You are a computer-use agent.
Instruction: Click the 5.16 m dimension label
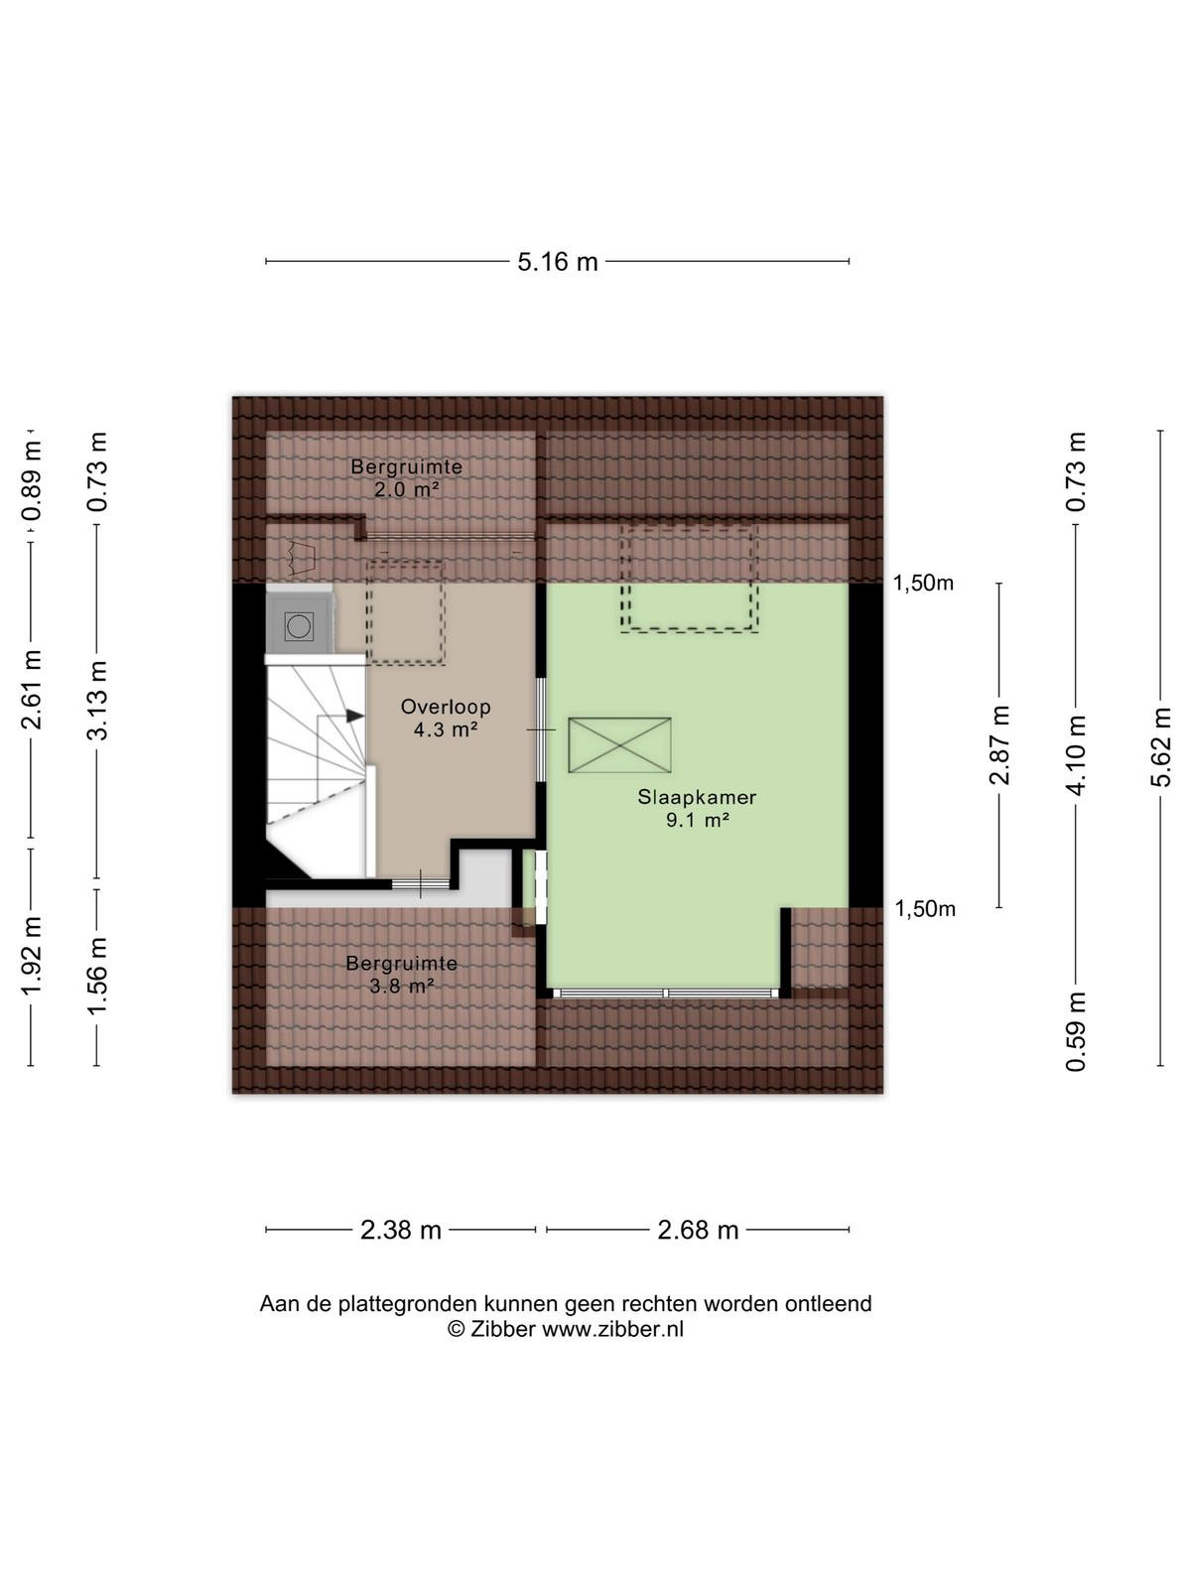pos(558,261)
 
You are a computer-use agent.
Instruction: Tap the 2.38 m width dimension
pos(401,1229)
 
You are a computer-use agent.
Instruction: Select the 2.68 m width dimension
pos(698,1229)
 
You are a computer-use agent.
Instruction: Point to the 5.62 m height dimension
pos(1160,746)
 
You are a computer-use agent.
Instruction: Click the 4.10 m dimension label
pos(1076,755)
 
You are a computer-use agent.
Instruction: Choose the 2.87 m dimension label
pos(999,744)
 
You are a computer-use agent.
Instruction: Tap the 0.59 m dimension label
pos(1076,1031)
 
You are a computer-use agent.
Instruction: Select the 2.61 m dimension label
pos(31,690)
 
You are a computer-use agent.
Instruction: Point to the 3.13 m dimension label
pos(97,700)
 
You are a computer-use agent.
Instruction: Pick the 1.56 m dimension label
pos(97,976)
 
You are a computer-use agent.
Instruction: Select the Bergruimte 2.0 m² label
pos(406,477)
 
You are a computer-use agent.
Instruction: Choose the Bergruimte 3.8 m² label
pos(401,974)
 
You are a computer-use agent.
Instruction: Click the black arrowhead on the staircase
pos(354,716)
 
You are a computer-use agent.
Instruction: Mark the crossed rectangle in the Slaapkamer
pos(619,745)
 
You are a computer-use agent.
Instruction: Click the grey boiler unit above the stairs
pos(300,626)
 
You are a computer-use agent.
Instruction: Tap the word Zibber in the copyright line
pos(502,1330)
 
